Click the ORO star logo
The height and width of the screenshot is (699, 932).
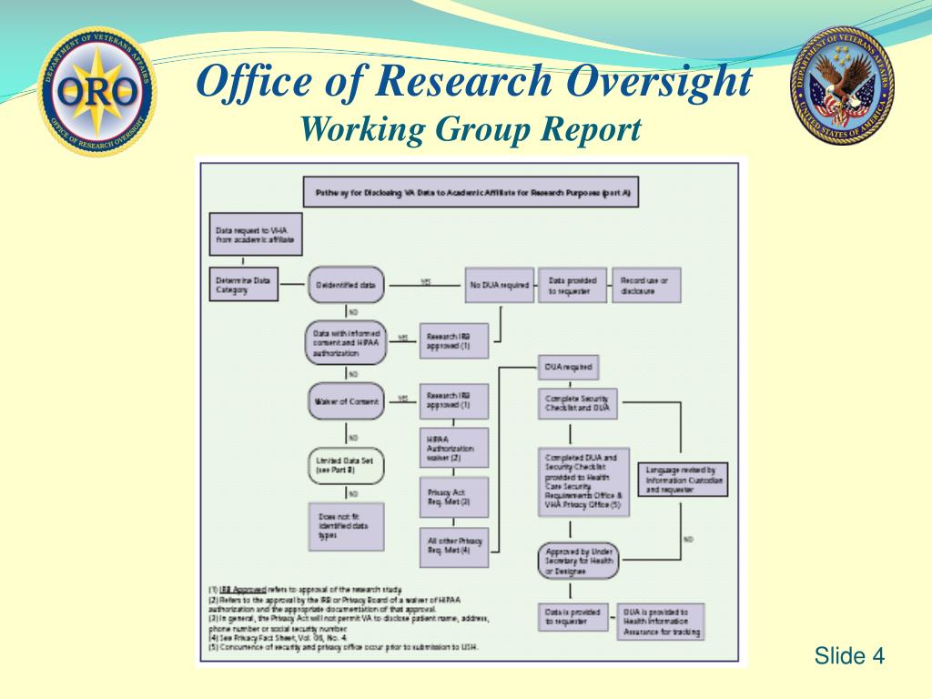pos(97,92)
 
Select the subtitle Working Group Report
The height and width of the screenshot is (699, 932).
pos(471,128)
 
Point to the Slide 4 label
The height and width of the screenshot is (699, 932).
pos(848,655)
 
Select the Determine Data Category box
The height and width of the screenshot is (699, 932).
pos(242,285)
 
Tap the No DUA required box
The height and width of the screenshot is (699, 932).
pos(497,285)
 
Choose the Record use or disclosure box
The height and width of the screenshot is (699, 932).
pos(645,285)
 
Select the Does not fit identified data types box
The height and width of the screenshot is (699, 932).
pos(345,527)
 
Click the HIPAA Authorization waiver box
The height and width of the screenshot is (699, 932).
pos(453,448)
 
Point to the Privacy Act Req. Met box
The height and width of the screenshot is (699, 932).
pos(453,496)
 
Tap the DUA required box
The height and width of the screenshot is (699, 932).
pos(568,368)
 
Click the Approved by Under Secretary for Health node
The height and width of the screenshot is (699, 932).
pos(578,562)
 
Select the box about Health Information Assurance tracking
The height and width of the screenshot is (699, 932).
pos(660,621)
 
